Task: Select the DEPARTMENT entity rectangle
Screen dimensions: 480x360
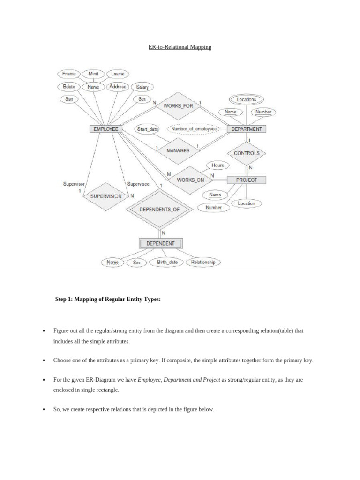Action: [x=246, y=129]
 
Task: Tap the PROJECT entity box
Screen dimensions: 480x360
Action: [x=246, y=180]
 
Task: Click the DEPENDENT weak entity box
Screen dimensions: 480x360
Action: [x=160, y=243]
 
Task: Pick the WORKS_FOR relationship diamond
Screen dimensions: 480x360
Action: [x=178, y=106]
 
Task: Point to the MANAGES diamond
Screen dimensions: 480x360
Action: [x=178, y=150]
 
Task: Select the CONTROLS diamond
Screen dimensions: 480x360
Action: [x=247, y=153]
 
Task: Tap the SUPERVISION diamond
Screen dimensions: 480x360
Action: [x=105, y=196]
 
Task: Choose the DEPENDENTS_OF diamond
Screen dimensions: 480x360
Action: [x=159, y=210]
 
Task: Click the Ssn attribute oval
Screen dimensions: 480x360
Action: [x=69, y=99]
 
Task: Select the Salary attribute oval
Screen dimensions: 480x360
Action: [x=142, y=87]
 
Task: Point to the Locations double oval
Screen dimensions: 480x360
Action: [x=246, y=99]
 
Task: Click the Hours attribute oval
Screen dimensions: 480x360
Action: [x=217, y=165]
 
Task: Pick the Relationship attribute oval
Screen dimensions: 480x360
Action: [x=203, y=262]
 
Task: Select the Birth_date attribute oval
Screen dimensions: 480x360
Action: [x=167, y=262]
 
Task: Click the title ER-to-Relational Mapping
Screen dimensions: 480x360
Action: [x=180, y=47]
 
